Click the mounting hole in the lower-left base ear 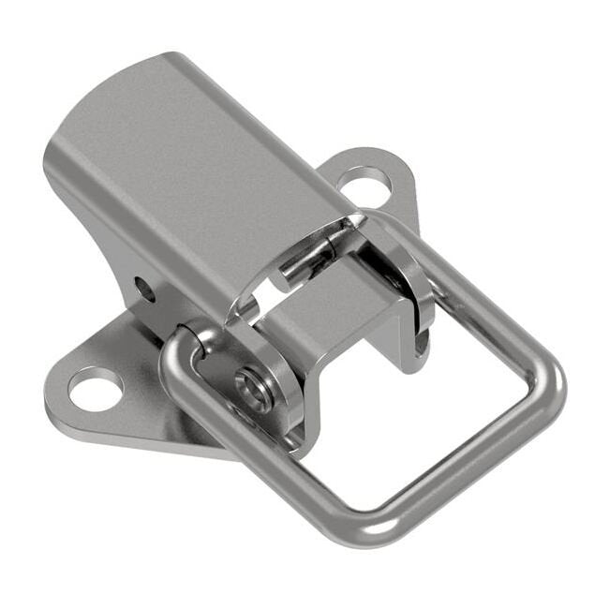click(x=96, y=389)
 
